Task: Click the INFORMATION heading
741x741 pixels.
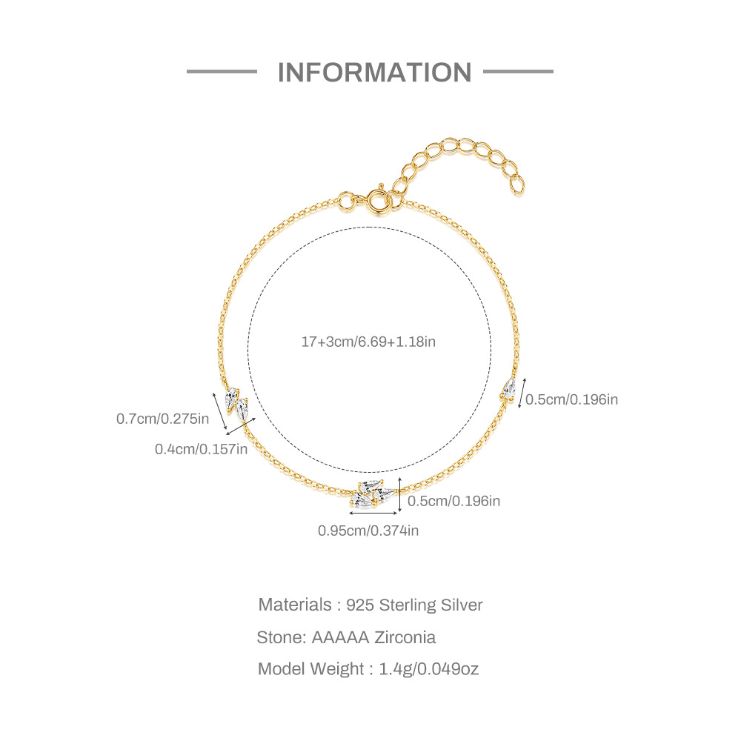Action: tap(374, 72)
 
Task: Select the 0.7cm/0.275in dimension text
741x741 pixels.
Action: tap(162, 419)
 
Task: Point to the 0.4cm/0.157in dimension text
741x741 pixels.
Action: tap(201, 448)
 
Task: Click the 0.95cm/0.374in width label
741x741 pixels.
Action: tap(368, 530)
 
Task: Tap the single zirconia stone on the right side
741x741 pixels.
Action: tap(508, 389)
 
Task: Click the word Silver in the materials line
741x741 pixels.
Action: tap(462, 605)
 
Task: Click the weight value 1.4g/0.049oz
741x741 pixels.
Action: tap(429, 669)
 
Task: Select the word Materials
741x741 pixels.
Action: tap(295, 605)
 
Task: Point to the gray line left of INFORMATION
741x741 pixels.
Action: tap(222, 72)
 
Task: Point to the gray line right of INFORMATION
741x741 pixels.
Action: tap(518, 72)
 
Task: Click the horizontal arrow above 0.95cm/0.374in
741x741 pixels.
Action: tap(373, 513)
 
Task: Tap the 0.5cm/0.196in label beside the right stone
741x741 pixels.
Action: tap(571, 399)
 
